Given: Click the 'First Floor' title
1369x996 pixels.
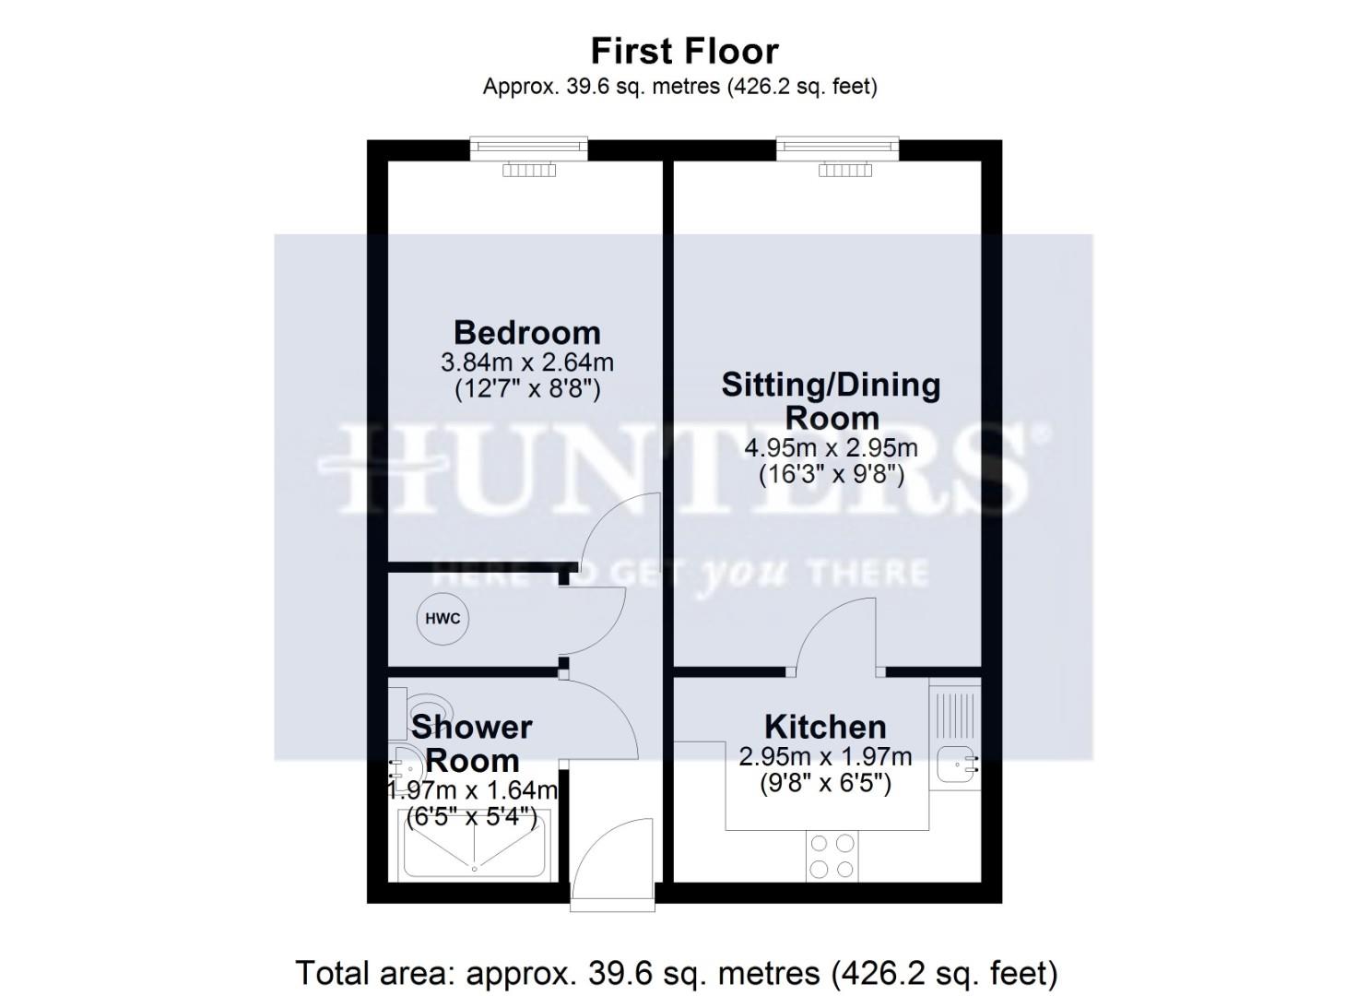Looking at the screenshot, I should (684, 51).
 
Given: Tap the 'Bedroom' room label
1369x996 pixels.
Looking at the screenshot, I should (526, 332).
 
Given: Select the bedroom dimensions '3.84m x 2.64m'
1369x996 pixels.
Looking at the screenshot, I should (526, 362).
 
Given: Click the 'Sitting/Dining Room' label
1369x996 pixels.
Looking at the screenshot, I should (831, 400).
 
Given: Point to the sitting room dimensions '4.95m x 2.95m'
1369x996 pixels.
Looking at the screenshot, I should (831, 449).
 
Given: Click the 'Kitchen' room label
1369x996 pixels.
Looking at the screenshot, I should (825, 727).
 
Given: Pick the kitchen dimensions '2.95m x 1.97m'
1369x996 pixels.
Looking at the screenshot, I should (825, 757).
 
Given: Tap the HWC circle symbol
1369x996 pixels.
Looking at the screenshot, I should (443, 619).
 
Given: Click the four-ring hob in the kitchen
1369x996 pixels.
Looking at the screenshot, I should (832, 855).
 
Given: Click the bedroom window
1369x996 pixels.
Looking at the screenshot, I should (528, 148).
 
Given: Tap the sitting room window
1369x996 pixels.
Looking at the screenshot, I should (837, 148).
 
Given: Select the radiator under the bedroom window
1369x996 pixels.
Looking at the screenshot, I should (529, 170).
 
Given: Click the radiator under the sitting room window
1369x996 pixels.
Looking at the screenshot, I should (845, 170).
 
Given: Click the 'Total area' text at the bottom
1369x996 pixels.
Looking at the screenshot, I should (676, 973).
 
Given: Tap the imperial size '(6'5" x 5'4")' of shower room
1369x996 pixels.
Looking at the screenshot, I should (472, 817).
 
